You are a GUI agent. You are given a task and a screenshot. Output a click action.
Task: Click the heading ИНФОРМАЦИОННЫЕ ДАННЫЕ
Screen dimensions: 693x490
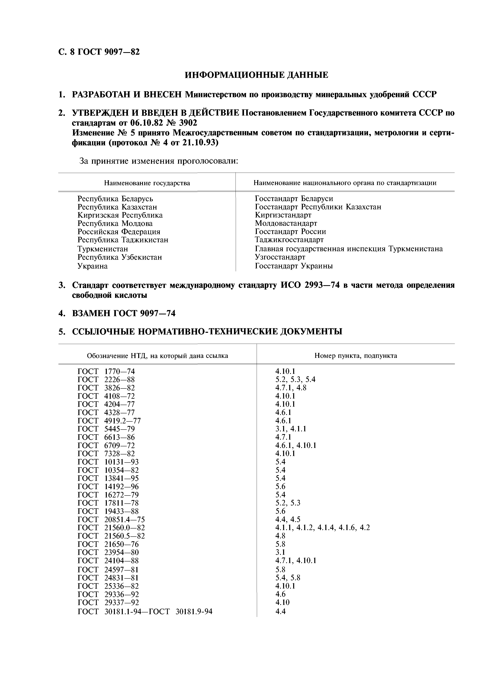(256, 75)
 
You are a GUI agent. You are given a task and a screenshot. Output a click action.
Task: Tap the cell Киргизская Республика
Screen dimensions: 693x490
(120, 215)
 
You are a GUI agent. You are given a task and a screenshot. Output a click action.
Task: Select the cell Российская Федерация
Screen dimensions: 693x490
(119, 232)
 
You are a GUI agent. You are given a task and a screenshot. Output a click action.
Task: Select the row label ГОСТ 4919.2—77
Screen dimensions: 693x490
(109, 421)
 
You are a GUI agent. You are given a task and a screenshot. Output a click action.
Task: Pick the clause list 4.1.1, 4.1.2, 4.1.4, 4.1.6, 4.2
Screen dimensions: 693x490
(322, 528)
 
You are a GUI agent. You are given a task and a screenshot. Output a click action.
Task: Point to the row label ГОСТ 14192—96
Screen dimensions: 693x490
(108, 487)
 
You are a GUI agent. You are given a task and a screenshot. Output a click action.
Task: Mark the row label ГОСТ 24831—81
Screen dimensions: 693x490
(108, 578)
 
